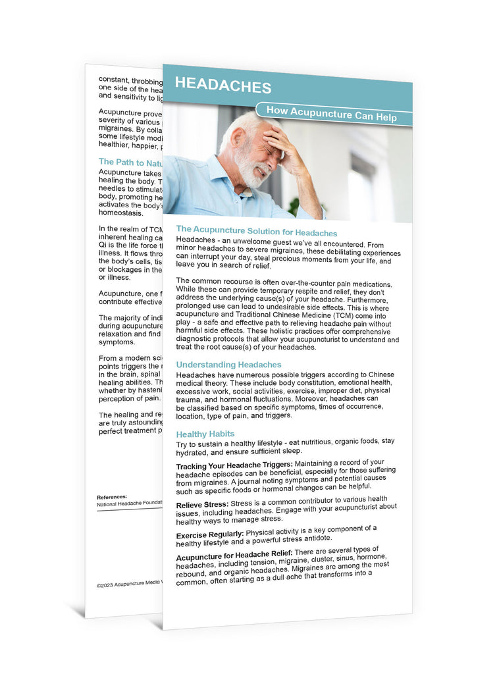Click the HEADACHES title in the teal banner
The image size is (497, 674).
click(x=223, y=86)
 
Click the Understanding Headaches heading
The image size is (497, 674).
click(x=228, y=364)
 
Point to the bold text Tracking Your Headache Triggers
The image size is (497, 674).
click(x=234, y=465)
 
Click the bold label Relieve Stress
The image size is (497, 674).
click(x=203, y=504)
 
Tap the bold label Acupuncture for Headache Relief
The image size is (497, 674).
click(x=234, y=554)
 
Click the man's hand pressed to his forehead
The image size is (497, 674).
click(x=278, y=141)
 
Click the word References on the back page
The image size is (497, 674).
click(x=112, y=497)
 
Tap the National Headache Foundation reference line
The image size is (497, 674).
click(x=129, y=504)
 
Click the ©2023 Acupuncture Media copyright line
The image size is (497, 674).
click(x=129, y=584)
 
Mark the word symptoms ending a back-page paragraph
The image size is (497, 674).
click(x=116, y=342)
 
